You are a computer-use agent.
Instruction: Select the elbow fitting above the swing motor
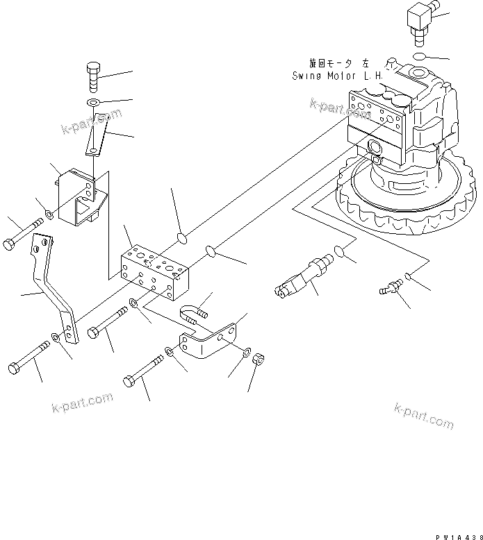(418, 19)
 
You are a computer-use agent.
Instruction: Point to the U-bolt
(194, 316)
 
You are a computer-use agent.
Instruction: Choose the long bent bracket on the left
(56, 289)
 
